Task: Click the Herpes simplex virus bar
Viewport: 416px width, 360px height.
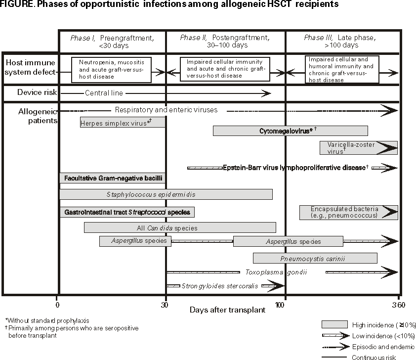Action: point(123,122)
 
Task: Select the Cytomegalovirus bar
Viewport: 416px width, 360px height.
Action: point(290,131)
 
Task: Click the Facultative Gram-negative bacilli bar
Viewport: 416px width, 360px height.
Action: point(112,178)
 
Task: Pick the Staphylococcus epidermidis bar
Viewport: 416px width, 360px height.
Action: point(166,194)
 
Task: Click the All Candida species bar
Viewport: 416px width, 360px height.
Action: point(180,228)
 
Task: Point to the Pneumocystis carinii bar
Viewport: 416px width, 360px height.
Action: point(315,258)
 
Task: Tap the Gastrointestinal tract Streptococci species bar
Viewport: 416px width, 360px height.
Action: point(127,212)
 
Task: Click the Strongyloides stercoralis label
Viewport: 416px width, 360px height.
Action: point(220,286)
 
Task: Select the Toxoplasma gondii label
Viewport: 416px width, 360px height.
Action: point(276,272)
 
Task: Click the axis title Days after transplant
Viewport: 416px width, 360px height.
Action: point(227,310)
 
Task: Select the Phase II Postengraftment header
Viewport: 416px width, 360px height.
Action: point(225,42)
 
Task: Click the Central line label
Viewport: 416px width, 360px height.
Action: point(104,93)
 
